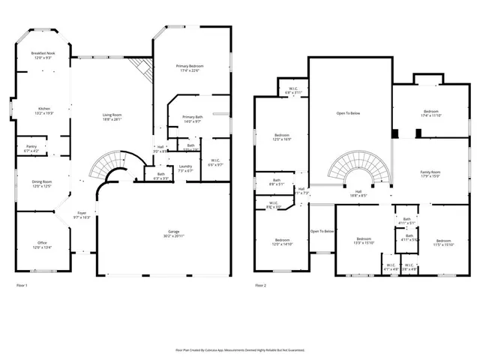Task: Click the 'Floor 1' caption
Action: point(22,286)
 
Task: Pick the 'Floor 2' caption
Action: point(260,286)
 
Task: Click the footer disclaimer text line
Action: point(240,349)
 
